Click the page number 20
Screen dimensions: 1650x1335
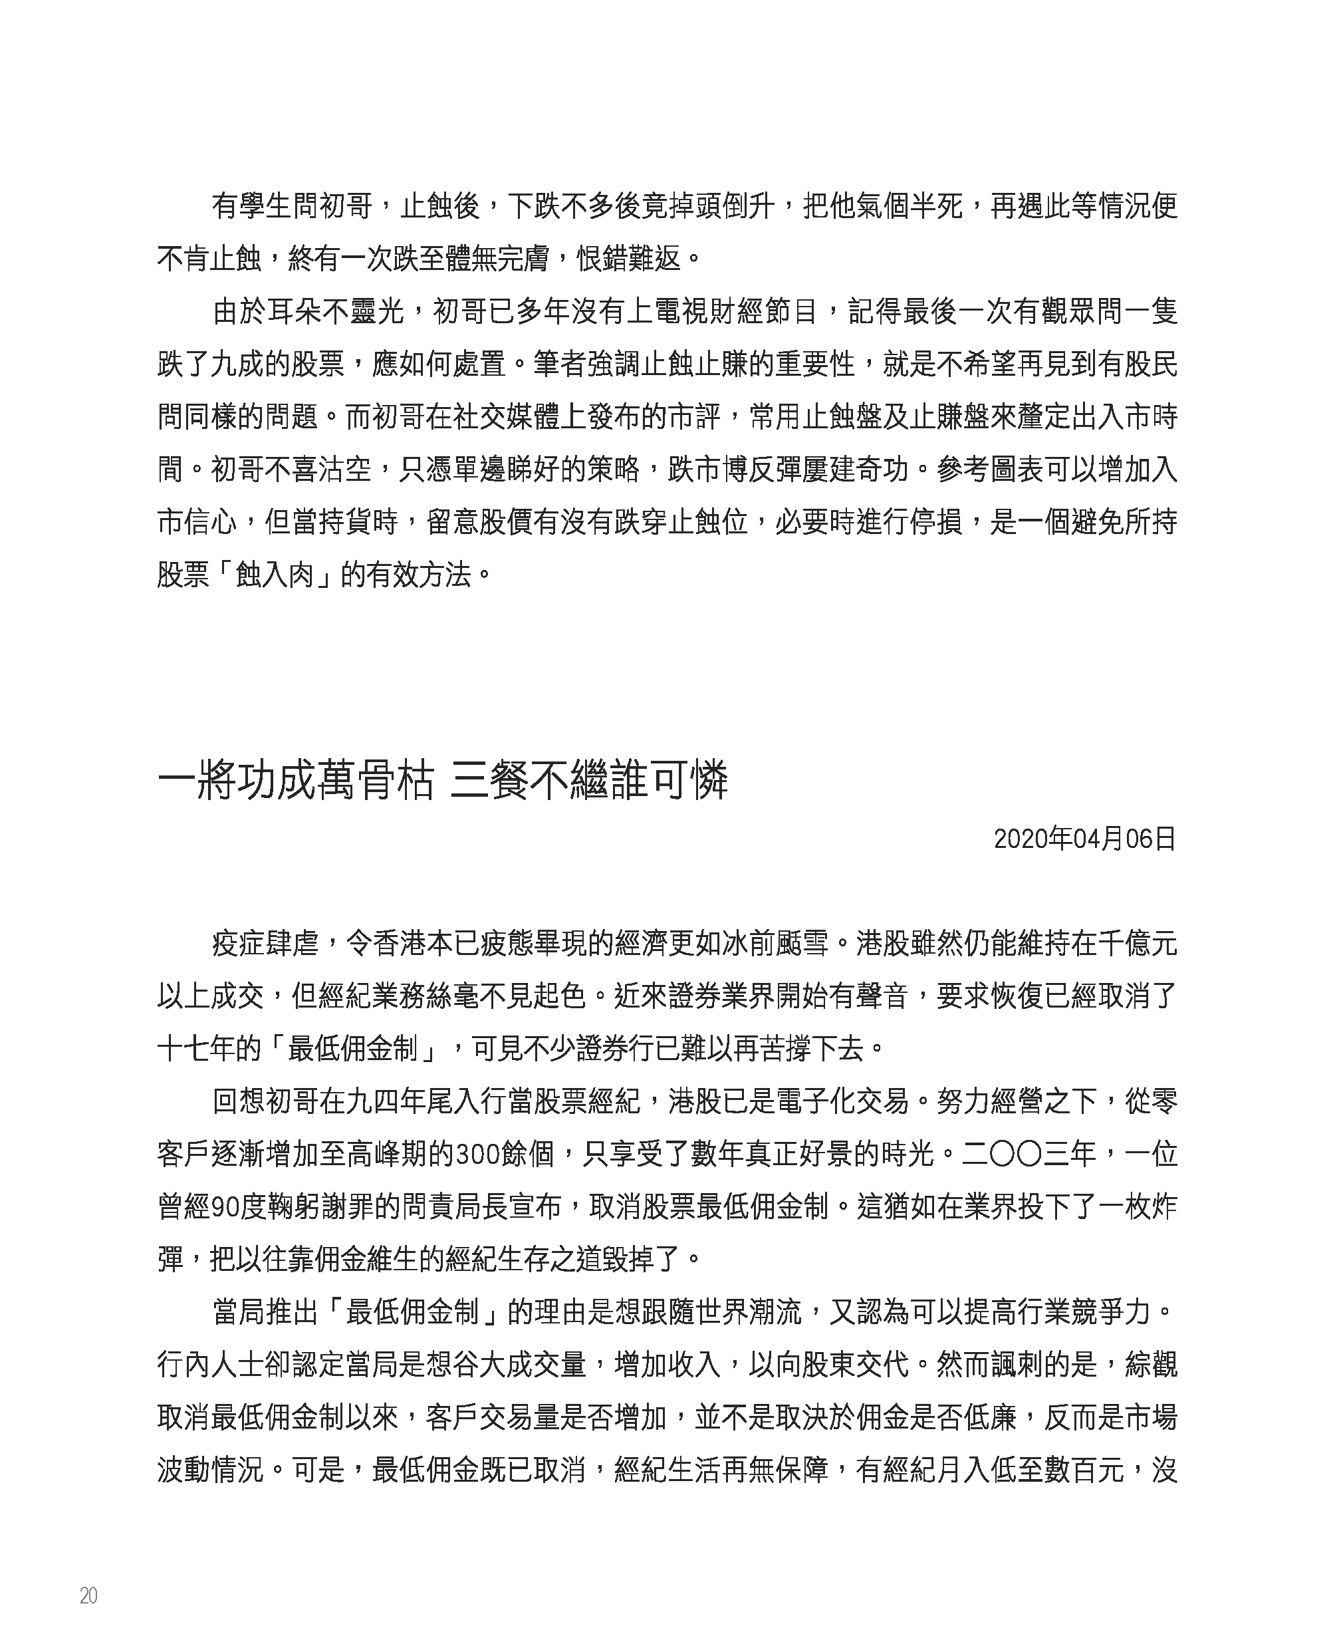coord(88,1596)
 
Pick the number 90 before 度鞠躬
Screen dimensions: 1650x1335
coord(224,1208)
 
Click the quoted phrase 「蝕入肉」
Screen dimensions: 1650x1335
coord(275,575)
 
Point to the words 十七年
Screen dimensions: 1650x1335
coord(197,1050)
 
